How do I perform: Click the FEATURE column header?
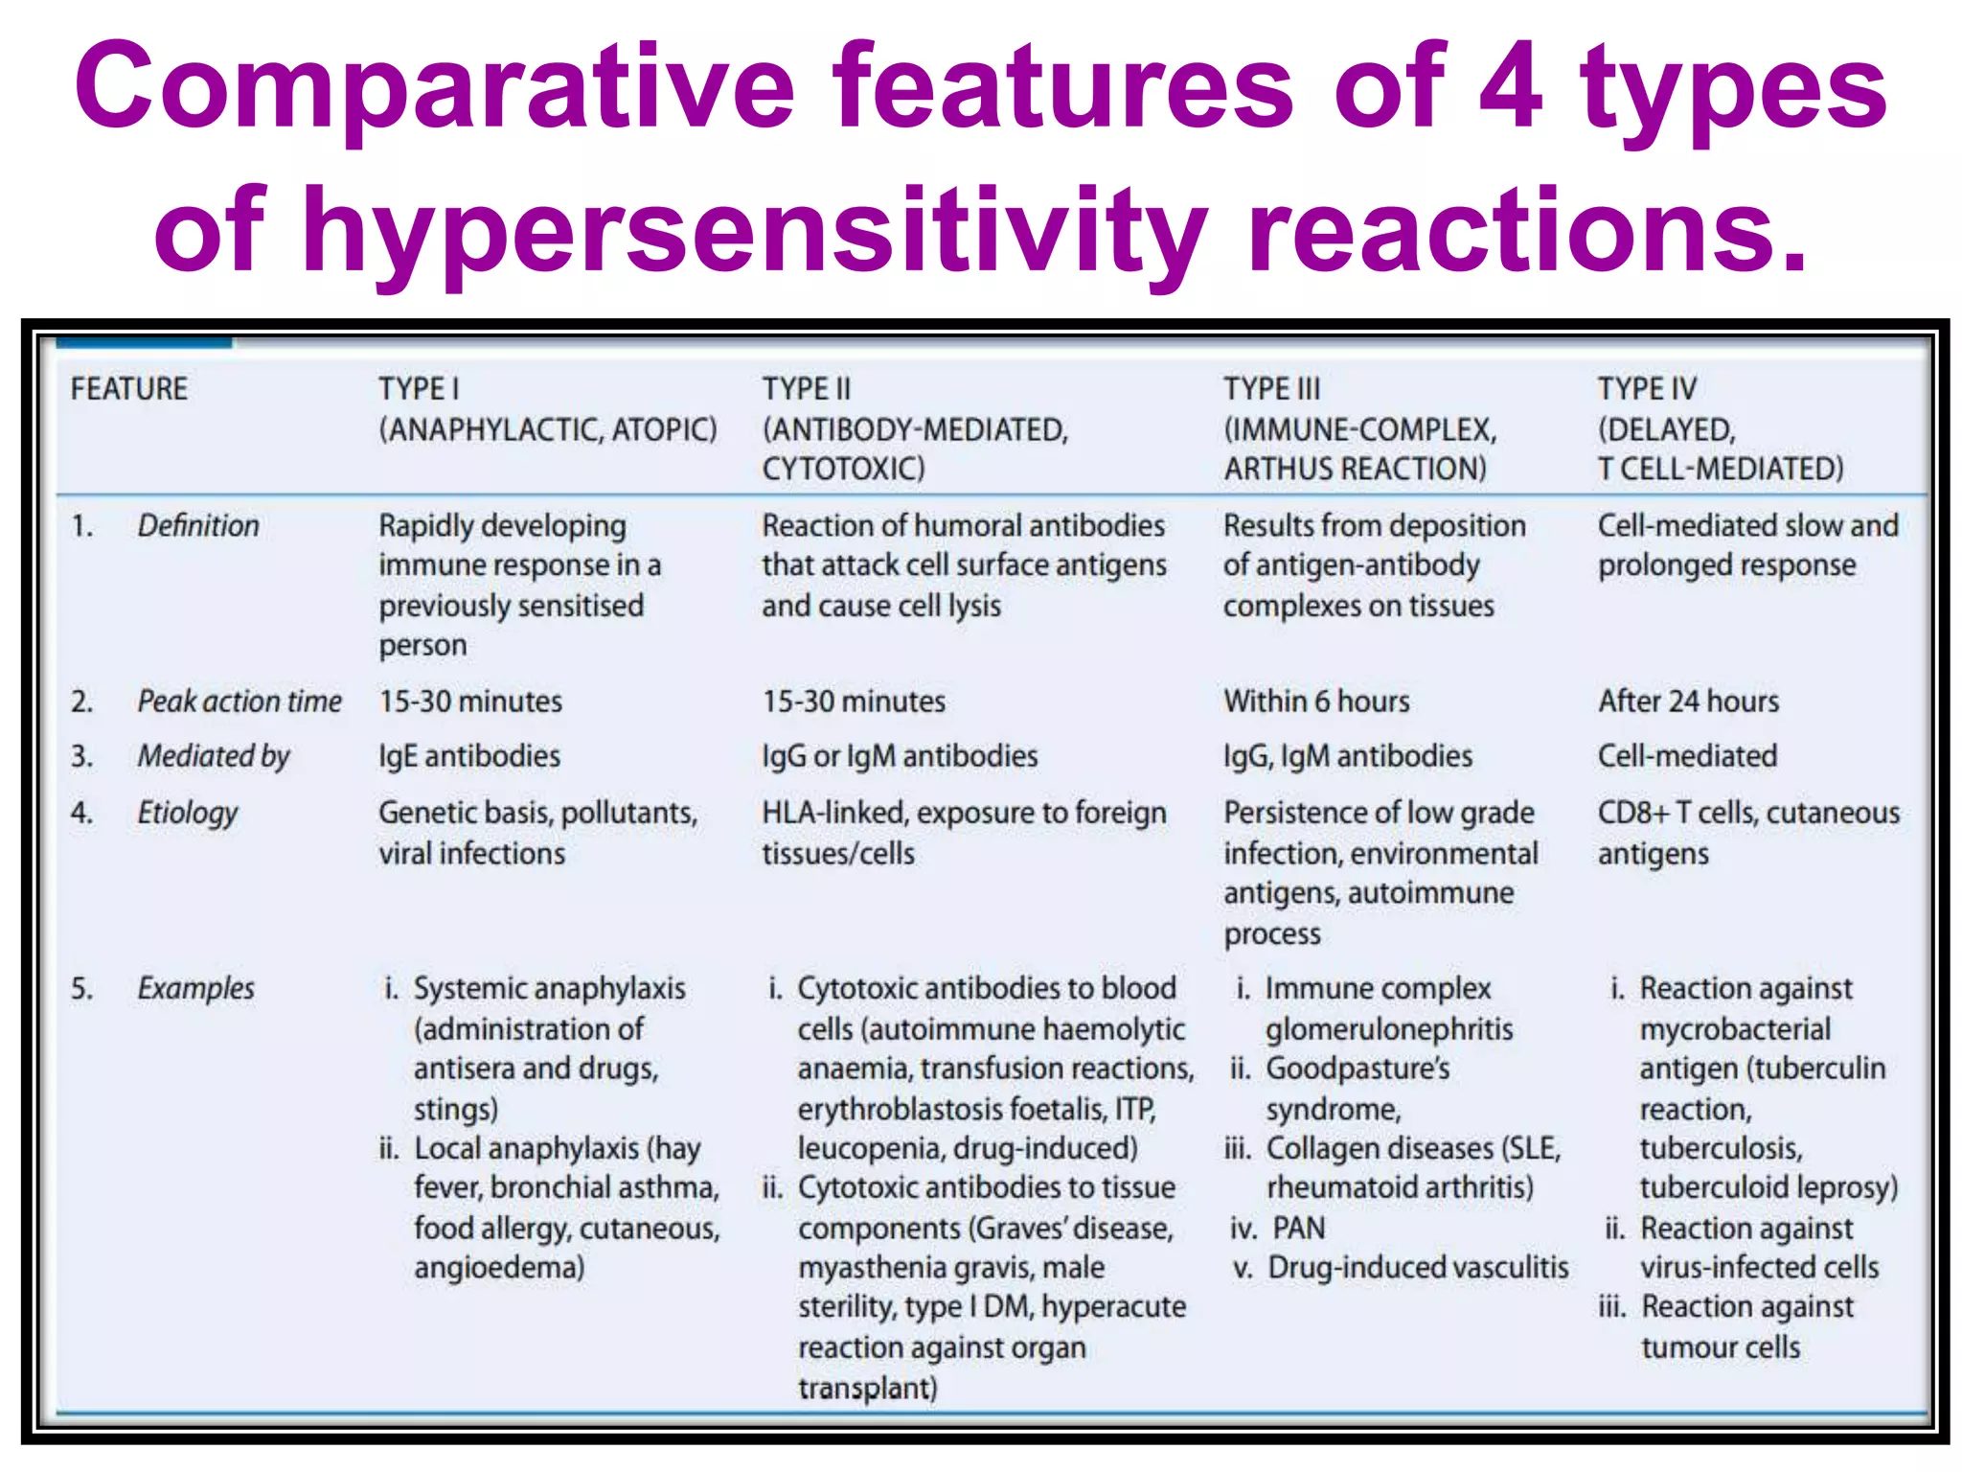pyautogui.click(x=129, y=389)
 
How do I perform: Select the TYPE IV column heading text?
pyautogui.click(x=1647, y=389)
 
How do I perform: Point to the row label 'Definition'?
pyautogui.click(x=198, y=526)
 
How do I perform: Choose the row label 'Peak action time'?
pyautogui.click(x=240, y=701)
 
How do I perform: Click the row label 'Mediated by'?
pyautogui.click(x=214, y=756)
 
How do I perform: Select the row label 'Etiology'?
pyautogui.click(x=188, y=813)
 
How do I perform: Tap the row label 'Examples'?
pyautogui.click(x=196, y=988)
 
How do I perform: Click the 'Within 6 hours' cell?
pyautogui.click(x=1316, y=701)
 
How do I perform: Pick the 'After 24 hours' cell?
pyautogui.click(x=1688, y=701)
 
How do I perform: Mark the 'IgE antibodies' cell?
pyautogui.click(x=469, y=756)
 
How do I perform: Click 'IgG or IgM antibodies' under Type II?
pyautogui.click(x=900, y=756)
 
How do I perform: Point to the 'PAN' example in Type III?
pyautogui.click(x=1298, y=1228)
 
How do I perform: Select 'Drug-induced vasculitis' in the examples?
pyautogui.click(x=1418, y=1268)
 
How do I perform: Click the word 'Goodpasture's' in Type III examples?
pyautogui.click(x=1357, y=1069)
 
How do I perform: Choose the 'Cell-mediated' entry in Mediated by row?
pyautogui.click(x=1687, y=756)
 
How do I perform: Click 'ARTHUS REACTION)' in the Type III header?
pyautogui.click(x=1355, y=469)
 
